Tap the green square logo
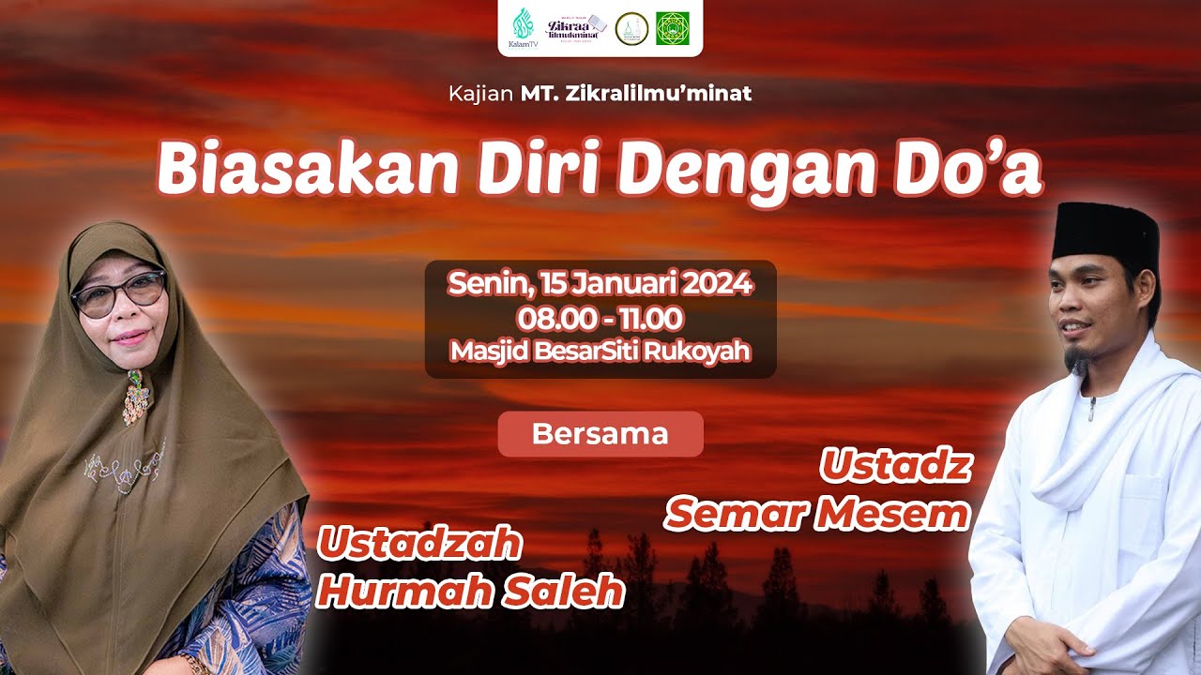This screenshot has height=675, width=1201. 672,28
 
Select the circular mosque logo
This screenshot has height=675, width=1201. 631,28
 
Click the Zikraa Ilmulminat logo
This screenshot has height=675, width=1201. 577,27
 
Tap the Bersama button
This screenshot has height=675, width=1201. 600,434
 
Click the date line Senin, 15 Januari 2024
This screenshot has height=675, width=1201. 600,283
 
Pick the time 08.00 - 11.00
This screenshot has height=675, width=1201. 600,318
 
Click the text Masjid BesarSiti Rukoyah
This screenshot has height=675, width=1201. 600,352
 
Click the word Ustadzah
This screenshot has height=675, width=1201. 418,544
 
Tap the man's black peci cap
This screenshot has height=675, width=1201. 1105,232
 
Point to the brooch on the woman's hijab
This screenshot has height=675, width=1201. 137,396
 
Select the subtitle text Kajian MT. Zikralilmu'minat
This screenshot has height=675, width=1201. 600,94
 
